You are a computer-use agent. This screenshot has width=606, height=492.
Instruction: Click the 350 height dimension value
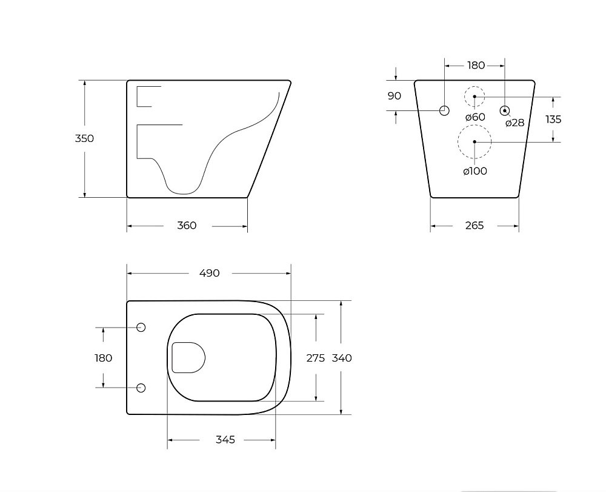coord(84,138)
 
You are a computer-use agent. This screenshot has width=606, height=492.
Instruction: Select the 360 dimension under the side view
coord(187,226)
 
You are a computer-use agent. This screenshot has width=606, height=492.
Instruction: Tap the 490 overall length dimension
coord(209,273)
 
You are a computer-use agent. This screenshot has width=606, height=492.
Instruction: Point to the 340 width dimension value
coord(342,358)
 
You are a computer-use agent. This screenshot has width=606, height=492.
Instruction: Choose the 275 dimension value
coord(316,358)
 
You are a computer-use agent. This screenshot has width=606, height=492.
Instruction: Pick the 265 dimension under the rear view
coord(474,226)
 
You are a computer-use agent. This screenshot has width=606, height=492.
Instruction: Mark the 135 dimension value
coord(553,120)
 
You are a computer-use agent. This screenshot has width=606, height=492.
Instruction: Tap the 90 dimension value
coord(395,96)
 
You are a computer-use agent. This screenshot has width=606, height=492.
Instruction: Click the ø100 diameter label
coord(475,171)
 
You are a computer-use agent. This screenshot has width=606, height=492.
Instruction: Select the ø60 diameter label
coord(475,116)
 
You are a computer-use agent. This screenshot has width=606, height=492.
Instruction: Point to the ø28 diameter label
coord(514,123)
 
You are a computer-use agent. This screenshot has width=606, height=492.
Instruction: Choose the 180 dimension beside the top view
coord(104,358)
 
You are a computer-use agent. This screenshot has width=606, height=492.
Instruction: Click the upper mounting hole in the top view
coord(141,328)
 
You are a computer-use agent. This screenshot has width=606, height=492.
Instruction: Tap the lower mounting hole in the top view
coord(141,388)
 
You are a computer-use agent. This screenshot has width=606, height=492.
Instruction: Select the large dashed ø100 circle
coord(474,142)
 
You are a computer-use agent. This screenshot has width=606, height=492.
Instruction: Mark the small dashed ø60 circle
coord(474,96)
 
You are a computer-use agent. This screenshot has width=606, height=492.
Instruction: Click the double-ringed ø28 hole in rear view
coord(504,110)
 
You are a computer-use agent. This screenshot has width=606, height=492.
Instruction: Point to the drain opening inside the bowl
coord(188,357)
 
